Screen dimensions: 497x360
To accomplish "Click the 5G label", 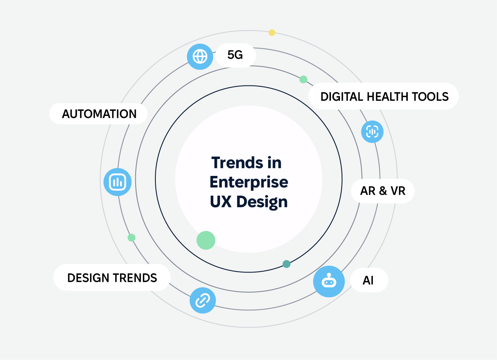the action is point(236,55).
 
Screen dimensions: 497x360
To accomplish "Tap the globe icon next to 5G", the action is point(200,57).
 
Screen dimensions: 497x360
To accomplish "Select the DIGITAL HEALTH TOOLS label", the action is point(384,96).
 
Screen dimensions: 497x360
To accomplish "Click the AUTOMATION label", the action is point(98,113).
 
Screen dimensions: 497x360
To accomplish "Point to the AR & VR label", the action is point(383,191).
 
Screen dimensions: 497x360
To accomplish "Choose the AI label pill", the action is point(369,280).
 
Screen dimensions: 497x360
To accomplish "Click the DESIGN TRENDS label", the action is point(112,277).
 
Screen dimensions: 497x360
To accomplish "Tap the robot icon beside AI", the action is point(329,281).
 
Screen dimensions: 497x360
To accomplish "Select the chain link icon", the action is point(203,300).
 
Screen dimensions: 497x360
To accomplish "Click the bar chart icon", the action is point(118,182).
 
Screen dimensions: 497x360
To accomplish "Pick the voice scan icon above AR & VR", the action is point(372,132).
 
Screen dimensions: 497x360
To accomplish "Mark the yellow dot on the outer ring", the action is point(272,32).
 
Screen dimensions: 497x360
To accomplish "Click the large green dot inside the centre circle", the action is point(206,240).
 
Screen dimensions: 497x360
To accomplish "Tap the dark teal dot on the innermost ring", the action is point(287,264).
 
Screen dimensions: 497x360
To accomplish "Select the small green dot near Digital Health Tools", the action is point(303,79).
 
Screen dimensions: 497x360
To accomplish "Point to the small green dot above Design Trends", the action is point(132,238).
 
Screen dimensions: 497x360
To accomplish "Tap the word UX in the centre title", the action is point(220,201).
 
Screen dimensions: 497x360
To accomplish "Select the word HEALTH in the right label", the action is point(388,97).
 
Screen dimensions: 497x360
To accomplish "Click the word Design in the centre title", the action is point(262,202).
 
